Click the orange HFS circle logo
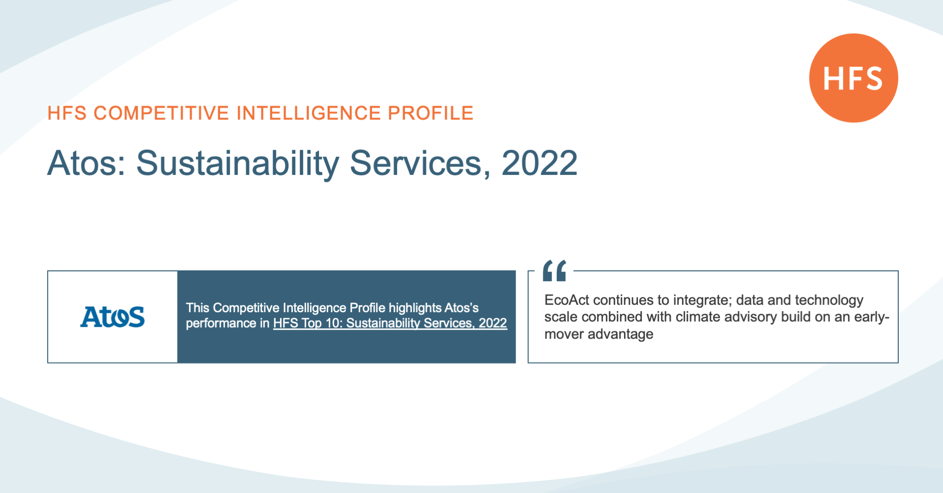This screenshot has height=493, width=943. [854, 78]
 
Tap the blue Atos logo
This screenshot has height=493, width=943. [113, 317]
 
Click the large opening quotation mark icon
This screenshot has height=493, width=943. [554, 270]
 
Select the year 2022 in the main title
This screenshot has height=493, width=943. [539, 163]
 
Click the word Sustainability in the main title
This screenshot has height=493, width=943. [238, 164]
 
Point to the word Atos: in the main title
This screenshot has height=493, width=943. [86, 163]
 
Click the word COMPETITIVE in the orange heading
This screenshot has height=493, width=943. [161, 113]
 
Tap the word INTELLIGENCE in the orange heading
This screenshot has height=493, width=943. [309, 113]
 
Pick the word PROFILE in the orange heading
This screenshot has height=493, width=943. [430, 113]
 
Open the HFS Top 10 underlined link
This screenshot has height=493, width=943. [390, 323]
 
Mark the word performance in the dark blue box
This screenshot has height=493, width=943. [221, 323]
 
